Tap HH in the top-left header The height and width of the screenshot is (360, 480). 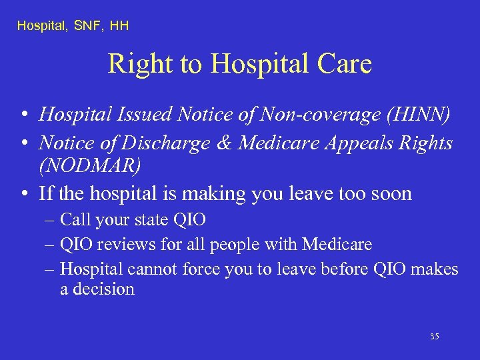coord(119,26)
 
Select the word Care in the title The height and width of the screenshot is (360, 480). coord(343,64)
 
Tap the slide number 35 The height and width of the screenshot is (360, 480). coord(434,337)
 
